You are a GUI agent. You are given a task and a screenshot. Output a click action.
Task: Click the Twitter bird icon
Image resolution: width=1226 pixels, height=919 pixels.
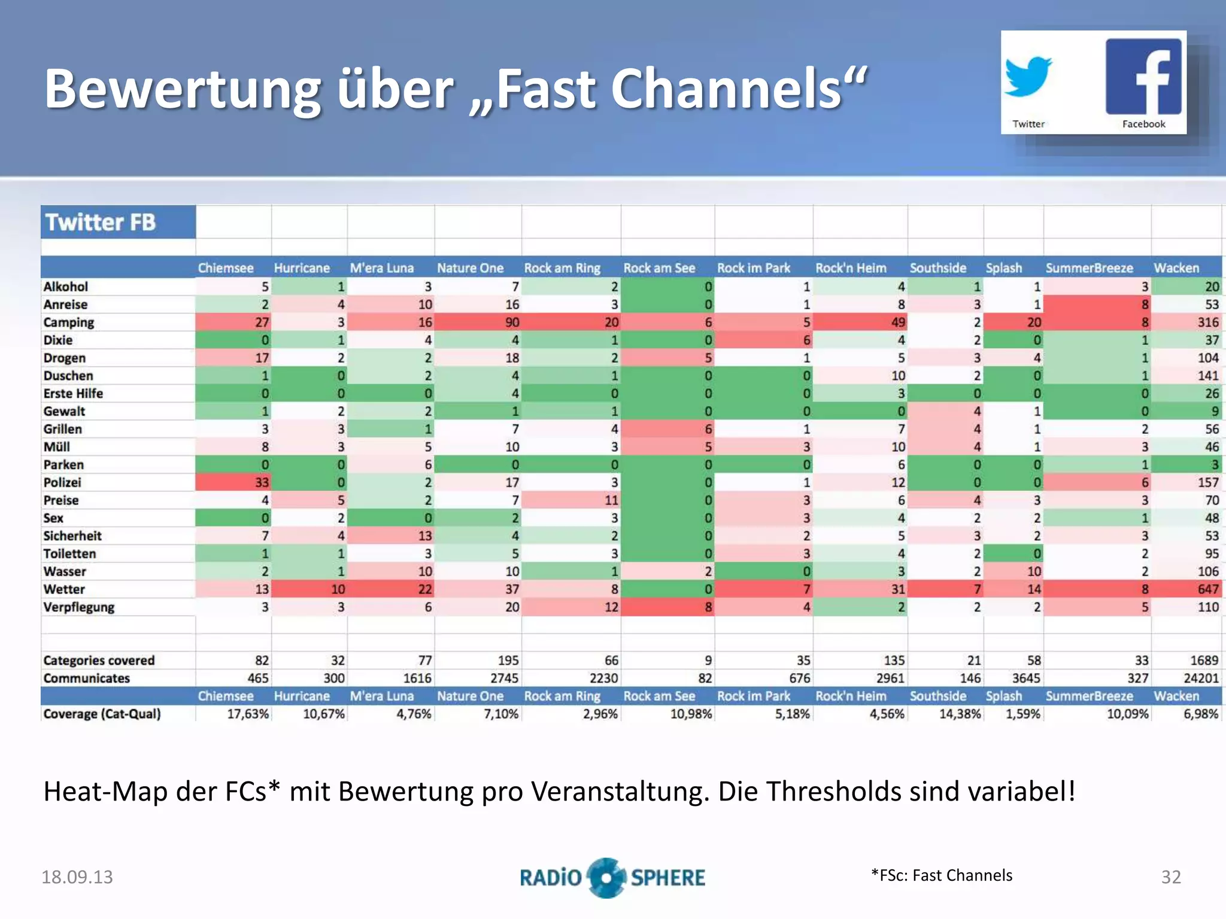pyautogui.click(x=1028, y=77)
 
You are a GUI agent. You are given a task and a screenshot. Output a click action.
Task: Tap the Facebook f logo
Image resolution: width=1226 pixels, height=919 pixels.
pyautogui.click(x=1143, y=77)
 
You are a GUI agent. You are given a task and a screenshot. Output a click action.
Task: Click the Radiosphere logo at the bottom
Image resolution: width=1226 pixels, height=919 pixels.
pyautogui.click(x=612, y=877)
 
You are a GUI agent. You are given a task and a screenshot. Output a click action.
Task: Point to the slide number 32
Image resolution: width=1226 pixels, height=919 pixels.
pyautogui.click(x=1171, y=877)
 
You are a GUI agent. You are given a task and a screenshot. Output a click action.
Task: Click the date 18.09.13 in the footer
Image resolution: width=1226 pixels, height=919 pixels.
pyautogui.click(x=77, y=877)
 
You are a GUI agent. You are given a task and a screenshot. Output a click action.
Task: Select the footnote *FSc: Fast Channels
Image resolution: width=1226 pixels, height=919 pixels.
pyautogui.click(x=942, y=875)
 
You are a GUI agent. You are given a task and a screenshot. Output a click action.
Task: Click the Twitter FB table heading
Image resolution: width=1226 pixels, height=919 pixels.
pyautogui.click(x=101, y=223)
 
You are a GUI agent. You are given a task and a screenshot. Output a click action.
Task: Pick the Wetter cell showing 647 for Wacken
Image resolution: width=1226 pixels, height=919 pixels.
pyautogui.click(x=1207, y=589)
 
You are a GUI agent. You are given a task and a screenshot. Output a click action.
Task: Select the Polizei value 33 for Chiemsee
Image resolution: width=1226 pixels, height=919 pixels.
pyautogui.click(x=262, y=482)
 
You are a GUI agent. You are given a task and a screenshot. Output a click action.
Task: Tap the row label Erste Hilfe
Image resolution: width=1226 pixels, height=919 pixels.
pyautogui.click(x=73, y=394)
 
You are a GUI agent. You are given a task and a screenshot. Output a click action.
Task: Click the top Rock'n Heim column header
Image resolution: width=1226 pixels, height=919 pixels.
pyautogui.click(x=851, y=268)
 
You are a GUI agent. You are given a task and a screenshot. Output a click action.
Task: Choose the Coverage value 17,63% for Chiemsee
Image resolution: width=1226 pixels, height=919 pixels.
pyautogui.click(x=248, y=714)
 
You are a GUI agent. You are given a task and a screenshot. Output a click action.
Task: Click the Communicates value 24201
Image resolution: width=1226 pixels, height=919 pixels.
pyautogui.click(x=1201, y=678)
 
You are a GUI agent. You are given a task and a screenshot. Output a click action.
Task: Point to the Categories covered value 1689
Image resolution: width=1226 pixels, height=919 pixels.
pyautogui.click(x=1204, y=661)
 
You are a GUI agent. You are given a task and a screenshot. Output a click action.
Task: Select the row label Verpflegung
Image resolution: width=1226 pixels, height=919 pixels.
pyautogui.click(x=78, y=607)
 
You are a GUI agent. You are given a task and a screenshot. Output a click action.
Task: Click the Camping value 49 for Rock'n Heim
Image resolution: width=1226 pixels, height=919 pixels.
pyautogui.click(x=898, y=322)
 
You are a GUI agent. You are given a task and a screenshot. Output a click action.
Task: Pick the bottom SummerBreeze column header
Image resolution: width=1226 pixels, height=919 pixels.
pyautogui.click(x=1089, y=696)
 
